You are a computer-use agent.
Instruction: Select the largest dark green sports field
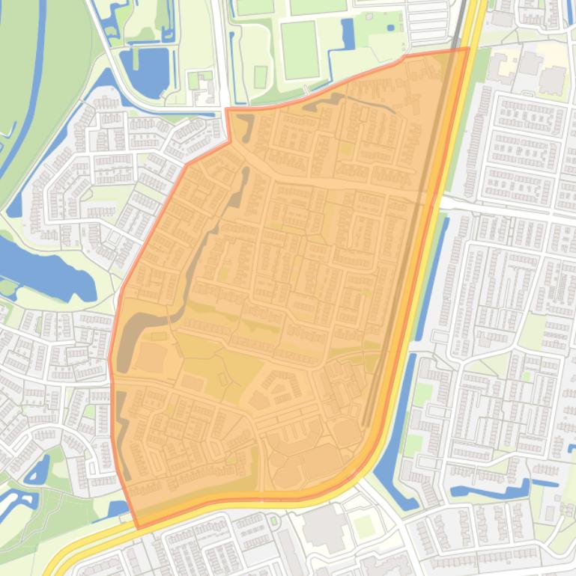[x=300, y=49]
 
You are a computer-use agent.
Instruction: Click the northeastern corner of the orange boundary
[x=468, y=49]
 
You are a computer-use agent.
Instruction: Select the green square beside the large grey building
[x=364, y=526]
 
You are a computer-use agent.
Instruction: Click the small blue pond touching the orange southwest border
[x=118, y=509]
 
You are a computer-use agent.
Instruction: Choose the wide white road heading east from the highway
[x=509, y=209]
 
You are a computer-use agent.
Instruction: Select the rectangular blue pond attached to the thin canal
[x=348, y=34]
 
